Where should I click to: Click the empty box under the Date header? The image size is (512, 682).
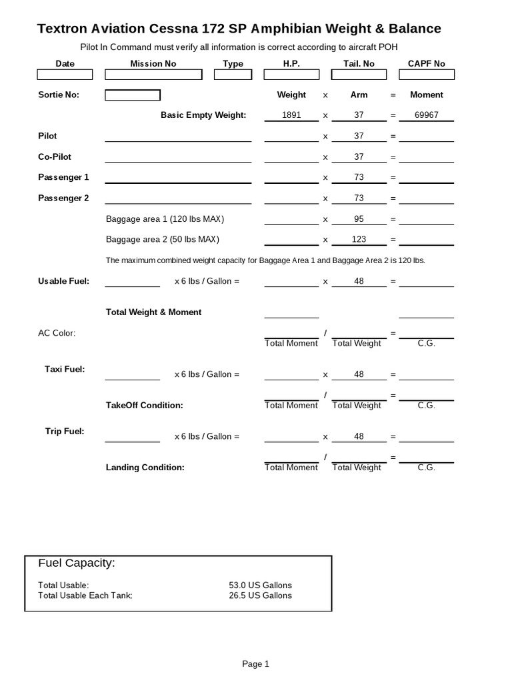pos(65,75)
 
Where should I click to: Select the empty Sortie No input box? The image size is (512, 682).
pos(133,95)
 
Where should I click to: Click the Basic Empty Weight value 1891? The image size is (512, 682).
pos(291,115)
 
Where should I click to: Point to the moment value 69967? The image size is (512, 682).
pos(426,115)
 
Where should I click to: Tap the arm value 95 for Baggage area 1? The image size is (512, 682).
pos(359,218)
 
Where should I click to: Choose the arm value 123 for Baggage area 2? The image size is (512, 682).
pos(359,239)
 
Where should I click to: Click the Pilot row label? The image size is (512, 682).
pos(48,136)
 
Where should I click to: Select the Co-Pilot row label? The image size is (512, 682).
pos(55,157)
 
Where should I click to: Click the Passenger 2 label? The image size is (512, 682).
pos(63,198)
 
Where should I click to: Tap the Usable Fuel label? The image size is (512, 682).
pos(63,281)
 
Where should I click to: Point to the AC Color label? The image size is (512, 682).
pos(57,333)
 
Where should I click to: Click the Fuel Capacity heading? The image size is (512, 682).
pos(77,563)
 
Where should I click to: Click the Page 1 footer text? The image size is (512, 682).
pos(255,663)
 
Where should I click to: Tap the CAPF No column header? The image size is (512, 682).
pos(426,63)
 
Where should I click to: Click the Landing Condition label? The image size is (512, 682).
pos(145,468)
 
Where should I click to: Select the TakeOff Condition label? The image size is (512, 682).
pos(144,405)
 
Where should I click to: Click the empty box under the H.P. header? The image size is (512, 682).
pos(291,75)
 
